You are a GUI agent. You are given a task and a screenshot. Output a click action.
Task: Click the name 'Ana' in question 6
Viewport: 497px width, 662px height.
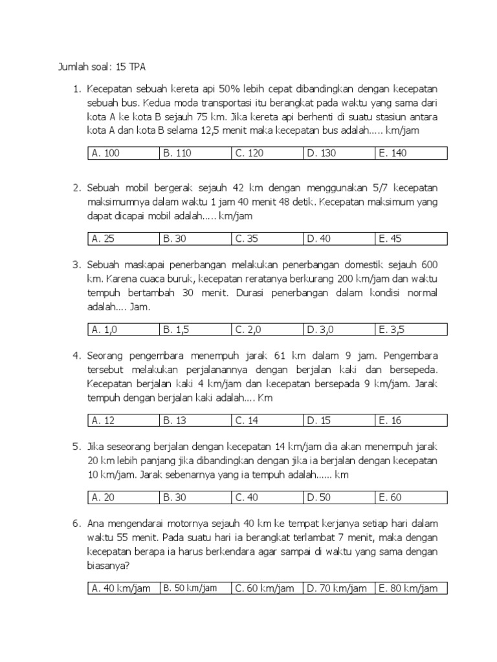pos(96,522)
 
